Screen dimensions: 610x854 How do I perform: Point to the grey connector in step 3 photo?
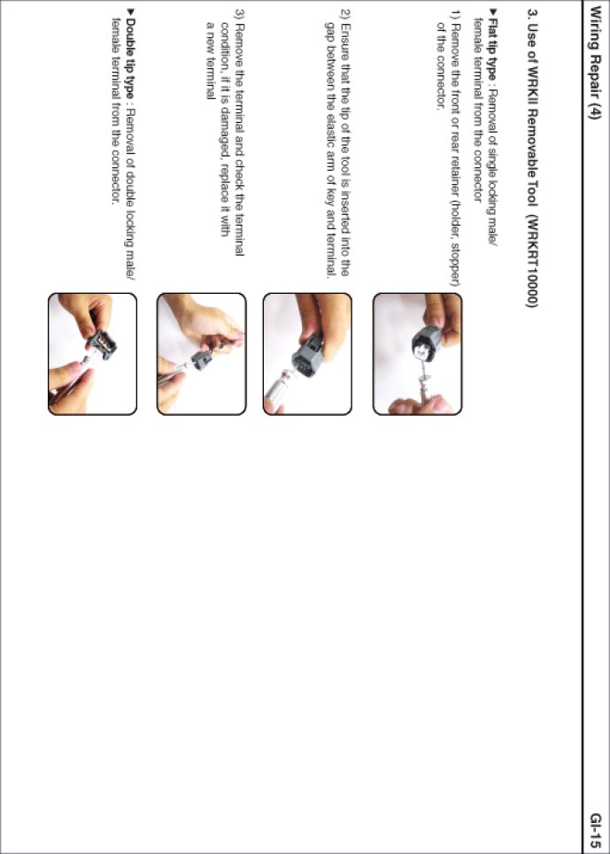203,360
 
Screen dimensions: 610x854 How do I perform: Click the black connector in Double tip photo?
102,343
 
